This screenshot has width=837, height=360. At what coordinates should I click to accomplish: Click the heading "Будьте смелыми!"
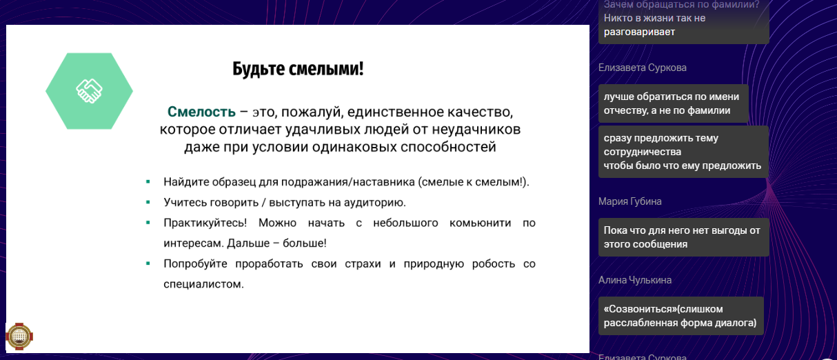(x=298, y=69)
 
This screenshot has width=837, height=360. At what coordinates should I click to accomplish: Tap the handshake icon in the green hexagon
(x=89, y=91)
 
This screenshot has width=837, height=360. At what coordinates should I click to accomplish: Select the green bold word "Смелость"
(x=201, y=112)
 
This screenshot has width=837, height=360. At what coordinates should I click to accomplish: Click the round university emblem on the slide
(x=19, y=336)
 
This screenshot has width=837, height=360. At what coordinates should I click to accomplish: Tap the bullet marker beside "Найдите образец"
(x=148, y=182)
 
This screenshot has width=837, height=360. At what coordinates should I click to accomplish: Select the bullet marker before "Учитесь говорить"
(x=148, y=202)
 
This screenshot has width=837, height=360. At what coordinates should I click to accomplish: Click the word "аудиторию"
(x=375, y=203)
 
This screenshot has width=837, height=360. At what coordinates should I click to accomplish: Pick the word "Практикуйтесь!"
(x=205, y=223)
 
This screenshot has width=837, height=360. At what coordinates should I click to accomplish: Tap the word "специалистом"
(x=203, y=284)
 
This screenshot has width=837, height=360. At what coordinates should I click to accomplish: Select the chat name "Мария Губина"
(x=629, y=201)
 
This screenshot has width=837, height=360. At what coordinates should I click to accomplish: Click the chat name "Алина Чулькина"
(x=635, y=280)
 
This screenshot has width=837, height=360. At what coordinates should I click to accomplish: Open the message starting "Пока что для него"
(x=683, y=237)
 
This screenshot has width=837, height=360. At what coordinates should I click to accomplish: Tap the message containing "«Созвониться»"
(x=680, y=316)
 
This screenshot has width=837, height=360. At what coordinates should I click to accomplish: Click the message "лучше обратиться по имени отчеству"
(x=674, y=103)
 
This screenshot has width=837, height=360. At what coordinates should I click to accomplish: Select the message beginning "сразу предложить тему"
(x=683, y=152)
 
